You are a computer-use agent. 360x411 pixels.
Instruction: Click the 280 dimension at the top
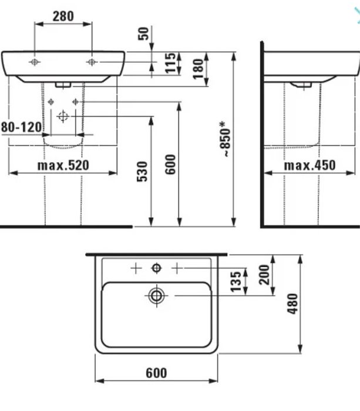[63, 15]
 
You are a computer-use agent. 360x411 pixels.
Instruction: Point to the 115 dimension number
[171, 63]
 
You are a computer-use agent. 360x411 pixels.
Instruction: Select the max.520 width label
[63, 166]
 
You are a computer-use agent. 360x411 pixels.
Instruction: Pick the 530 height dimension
[143, 171]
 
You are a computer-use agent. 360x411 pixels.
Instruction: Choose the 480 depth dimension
[292, 304]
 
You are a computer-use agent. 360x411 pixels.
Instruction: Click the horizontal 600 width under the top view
[156, 373]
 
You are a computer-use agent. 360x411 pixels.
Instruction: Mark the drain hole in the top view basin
[156, 296]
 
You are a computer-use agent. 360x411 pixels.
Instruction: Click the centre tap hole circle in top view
[156, 268]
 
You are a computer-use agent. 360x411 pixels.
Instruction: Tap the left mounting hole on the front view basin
[35, 62]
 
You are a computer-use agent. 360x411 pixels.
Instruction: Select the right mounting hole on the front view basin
[91, 62]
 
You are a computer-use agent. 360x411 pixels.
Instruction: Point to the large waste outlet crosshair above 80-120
[63, 116]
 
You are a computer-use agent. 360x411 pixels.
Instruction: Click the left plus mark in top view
[136, 268]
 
